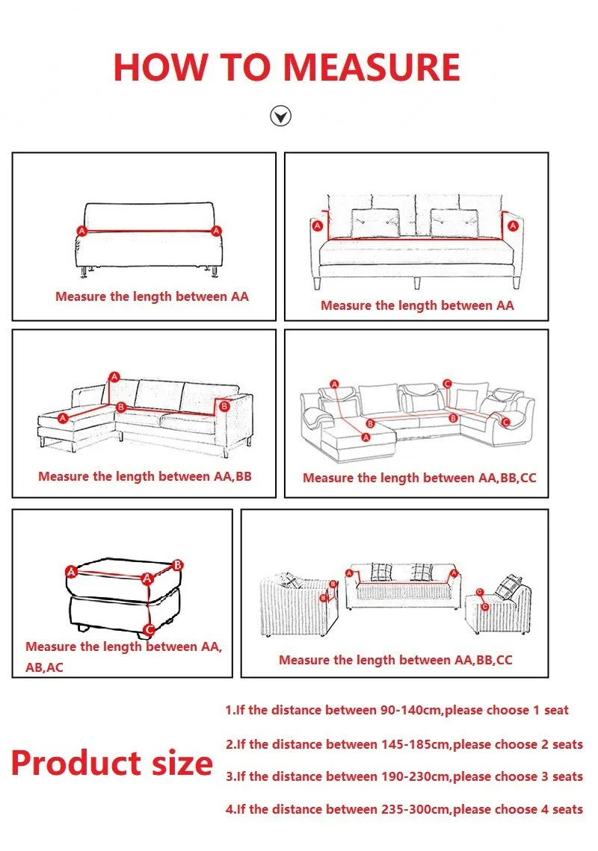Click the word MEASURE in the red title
372,67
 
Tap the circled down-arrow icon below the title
280,116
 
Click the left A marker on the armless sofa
81,231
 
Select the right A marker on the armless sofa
216,231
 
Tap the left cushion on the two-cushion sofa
374,223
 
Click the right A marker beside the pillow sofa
512,225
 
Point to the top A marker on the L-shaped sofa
114,377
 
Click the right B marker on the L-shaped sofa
224,406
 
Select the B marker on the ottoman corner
177,566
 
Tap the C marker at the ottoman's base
149,630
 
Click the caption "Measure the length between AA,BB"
144,476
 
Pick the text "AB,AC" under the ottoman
44,667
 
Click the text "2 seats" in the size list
561,744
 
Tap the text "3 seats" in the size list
561,776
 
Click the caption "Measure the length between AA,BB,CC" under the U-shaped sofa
419,479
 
